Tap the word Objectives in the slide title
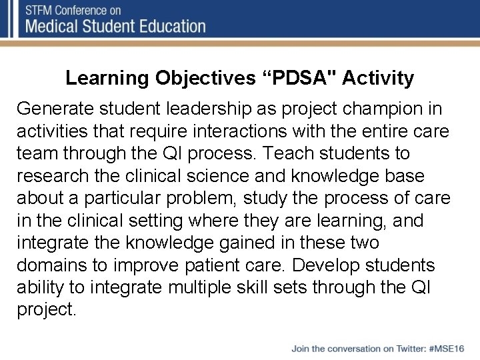click(x=205, y=79)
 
